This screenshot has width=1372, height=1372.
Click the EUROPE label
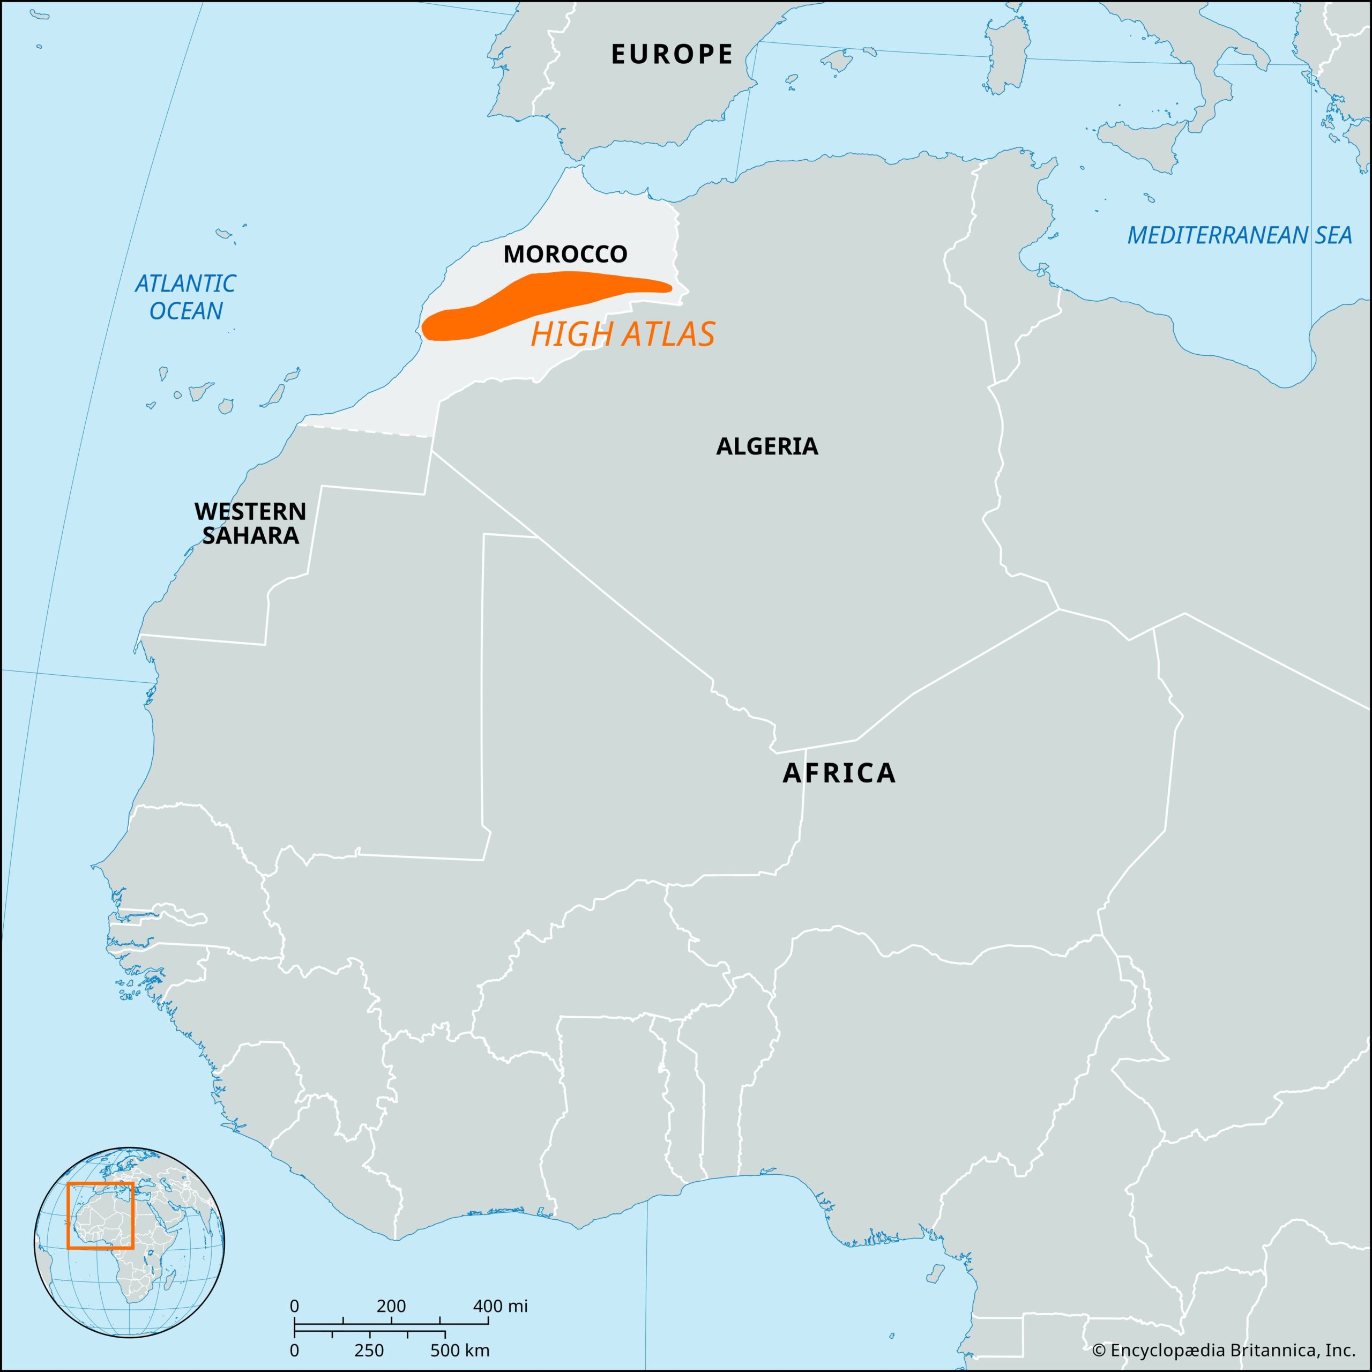coord(672,55)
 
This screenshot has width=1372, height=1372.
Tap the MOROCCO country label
coord(565,254)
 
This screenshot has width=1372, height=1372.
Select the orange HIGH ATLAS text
coord(622,334)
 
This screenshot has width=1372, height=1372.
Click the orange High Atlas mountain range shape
coord(540,302)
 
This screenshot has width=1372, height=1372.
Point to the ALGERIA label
coord(767,446)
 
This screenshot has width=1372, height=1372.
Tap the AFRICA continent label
coord(839,773)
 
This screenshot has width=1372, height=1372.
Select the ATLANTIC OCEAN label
coord(185,297)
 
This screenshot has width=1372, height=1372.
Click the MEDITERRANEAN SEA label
coord(1239,236)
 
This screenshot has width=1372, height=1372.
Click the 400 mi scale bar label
coord(501,1306)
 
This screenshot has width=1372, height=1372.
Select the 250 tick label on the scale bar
coord(369,1350)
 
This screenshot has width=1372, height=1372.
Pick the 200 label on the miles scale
coord(391,1306)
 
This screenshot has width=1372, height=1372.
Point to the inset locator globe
coord(130,1242)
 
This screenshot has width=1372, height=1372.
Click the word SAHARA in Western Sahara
coord(250,535)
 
